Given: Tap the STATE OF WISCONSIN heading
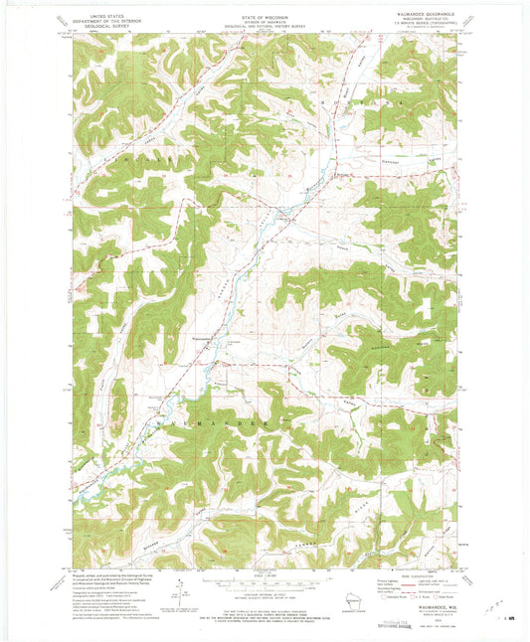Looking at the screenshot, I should coord(264,9).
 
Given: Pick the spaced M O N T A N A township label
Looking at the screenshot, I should coord(368,99).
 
